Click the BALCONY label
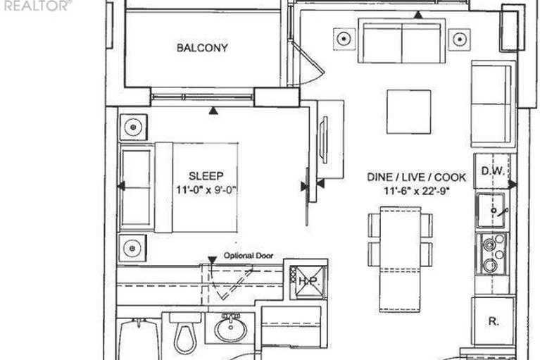click(202, 47)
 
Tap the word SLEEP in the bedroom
click(206, 176)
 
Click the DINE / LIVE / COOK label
click(416, 177)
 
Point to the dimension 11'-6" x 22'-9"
click(417, 190)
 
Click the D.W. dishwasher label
click(492, 171)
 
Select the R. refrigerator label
click(493, 321)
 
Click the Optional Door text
click(249, 256)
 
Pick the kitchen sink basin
click(491, 210)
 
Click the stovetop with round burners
click(493, 254)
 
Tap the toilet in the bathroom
click(185, 333)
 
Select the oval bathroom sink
click(230, 329)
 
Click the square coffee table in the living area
click(409, 112)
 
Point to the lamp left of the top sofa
click(344, 39)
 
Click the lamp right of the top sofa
click(460, 39)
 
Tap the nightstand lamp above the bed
click(133, 127)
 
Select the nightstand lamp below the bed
click(132, 248)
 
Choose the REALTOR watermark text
click(36, 5)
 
